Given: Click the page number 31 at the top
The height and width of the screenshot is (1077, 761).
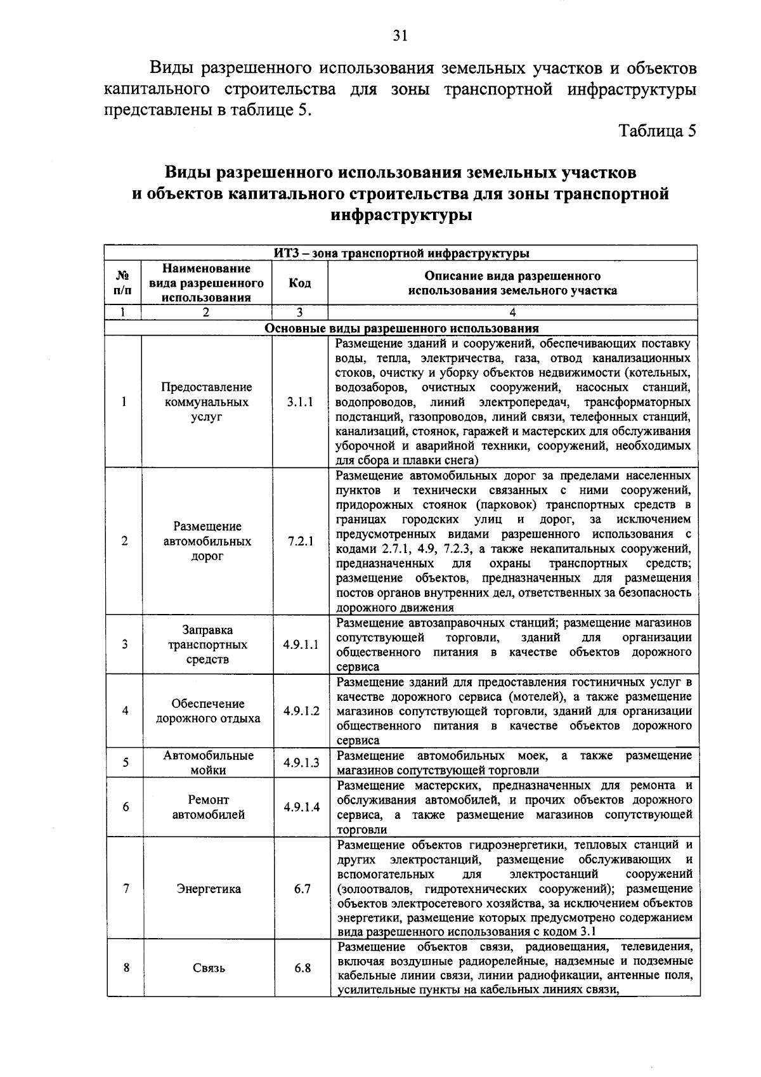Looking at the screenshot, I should (x=400, y=36).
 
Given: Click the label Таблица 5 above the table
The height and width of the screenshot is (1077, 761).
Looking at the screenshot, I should (x=658, y=131).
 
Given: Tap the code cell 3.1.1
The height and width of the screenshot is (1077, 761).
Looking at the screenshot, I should (x=299, y=402).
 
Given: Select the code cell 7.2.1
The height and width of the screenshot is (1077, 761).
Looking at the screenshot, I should (x=300, y=541).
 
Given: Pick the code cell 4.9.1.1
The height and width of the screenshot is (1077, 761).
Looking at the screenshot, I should (x=301, y=644).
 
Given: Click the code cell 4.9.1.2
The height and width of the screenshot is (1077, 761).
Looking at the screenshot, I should (x=301, y=711).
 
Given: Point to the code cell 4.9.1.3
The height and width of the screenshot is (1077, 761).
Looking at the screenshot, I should (x=301, y=763).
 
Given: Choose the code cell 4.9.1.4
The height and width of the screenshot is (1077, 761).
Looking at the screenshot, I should (x=301, y=807).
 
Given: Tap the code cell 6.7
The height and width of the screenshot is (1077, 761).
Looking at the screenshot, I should (x=302, y=889).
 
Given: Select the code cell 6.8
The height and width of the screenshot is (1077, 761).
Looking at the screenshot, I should (x=302, y=968).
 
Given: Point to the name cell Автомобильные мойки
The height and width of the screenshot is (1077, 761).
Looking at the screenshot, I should (x=208, y=763).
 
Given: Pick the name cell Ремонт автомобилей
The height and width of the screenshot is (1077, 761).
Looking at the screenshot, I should (x=208, y=807).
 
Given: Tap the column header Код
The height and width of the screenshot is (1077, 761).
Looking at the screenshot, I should (x=299, y=283).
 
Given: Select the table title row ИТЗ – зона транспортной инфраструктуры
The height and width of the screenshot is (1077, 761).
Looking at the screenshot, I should (x=401, y=254).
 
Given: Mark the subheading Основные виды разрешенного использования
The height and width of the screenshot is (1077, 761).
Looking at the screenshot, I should (x=401, y=329).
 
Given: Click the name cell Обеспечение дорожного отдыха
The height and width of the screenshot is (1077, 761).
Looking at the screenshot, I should (x=208, y=711).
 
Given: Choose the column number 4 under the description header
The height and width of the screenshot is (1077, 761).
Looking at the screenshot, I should (x=512, y=312).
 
